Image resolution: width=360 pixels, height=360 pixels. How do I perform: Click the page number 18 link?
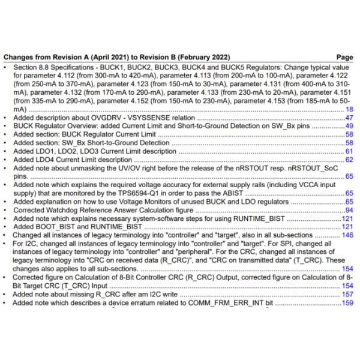pyautogui.click(x=349, y=110)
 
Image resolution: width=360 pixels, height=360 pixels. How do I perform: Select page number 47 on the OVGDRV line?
pyautogui.click(x=349, y=118)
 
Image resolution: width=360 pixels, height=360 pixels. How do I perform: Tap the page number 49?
pyautogui.click(x=349, y=127)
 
